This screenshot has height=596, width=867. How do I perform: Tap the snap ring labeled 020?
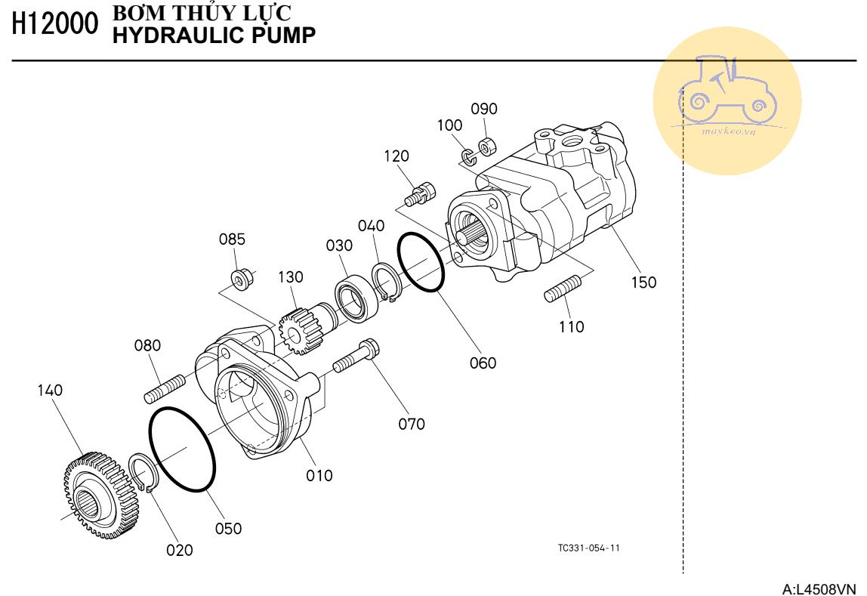(143, 473)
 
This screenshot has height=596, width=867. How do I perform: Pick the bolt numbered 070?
(355, 357)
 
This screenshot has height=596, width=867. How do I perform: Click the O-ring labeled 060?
(421, 262)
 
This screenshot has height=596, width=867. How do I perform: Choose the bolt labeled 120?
(419, 193)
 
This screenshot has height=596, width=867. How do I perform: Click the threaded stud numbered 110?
(563, 289)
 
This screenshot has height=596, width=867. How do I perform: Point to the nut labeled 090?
(488, 144)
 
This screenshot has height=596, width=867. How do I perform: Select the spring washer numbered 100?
(468, 156)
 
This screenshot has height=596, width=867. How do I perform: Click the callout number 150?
(643, 283)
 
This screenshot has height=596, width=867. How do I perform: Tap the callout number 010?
(319, 476)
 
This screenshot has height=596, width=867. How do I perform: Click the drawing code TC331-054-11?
(588, 548)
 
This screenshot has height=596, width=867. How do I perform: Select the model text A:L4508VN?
(819, 588)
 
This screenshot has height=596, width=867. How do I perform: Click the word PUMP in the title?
(284, 34)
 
